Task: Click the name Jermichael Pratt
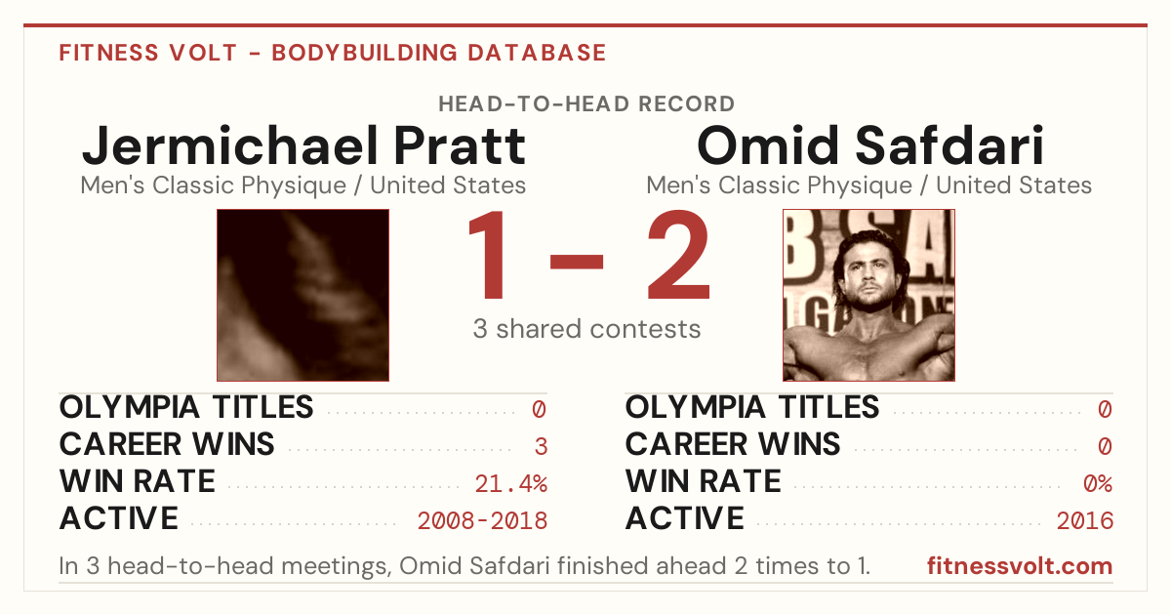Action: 303,145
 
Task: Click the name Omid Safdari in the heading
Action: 869,145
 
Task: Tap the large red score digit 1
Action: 487,255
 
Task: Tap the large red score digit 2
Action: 678,255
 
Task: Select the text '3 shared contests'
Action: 586,329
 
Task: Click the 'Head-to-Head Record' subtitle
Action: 586,104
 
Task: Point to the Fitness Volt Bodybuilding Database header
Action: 333,53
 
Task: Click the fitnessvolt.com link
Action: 1020,566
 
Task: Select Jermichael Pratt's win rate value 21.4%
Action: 510,483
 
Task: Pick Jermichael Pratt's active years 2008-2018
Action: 482,520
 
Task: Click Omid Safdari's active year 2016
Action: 1085,520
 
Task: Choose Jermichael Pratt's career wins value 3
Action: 541,446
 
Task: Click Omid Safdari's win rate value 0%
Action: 1098,483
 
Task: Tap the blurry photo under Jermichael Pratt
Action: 303,296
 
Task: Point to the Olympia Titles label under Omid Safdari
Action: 752,407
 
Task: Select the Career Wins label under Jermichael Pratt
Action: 167,444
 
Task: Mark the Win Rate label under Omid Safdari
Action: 704,481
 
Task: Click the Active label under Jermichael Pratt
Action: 119,518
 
